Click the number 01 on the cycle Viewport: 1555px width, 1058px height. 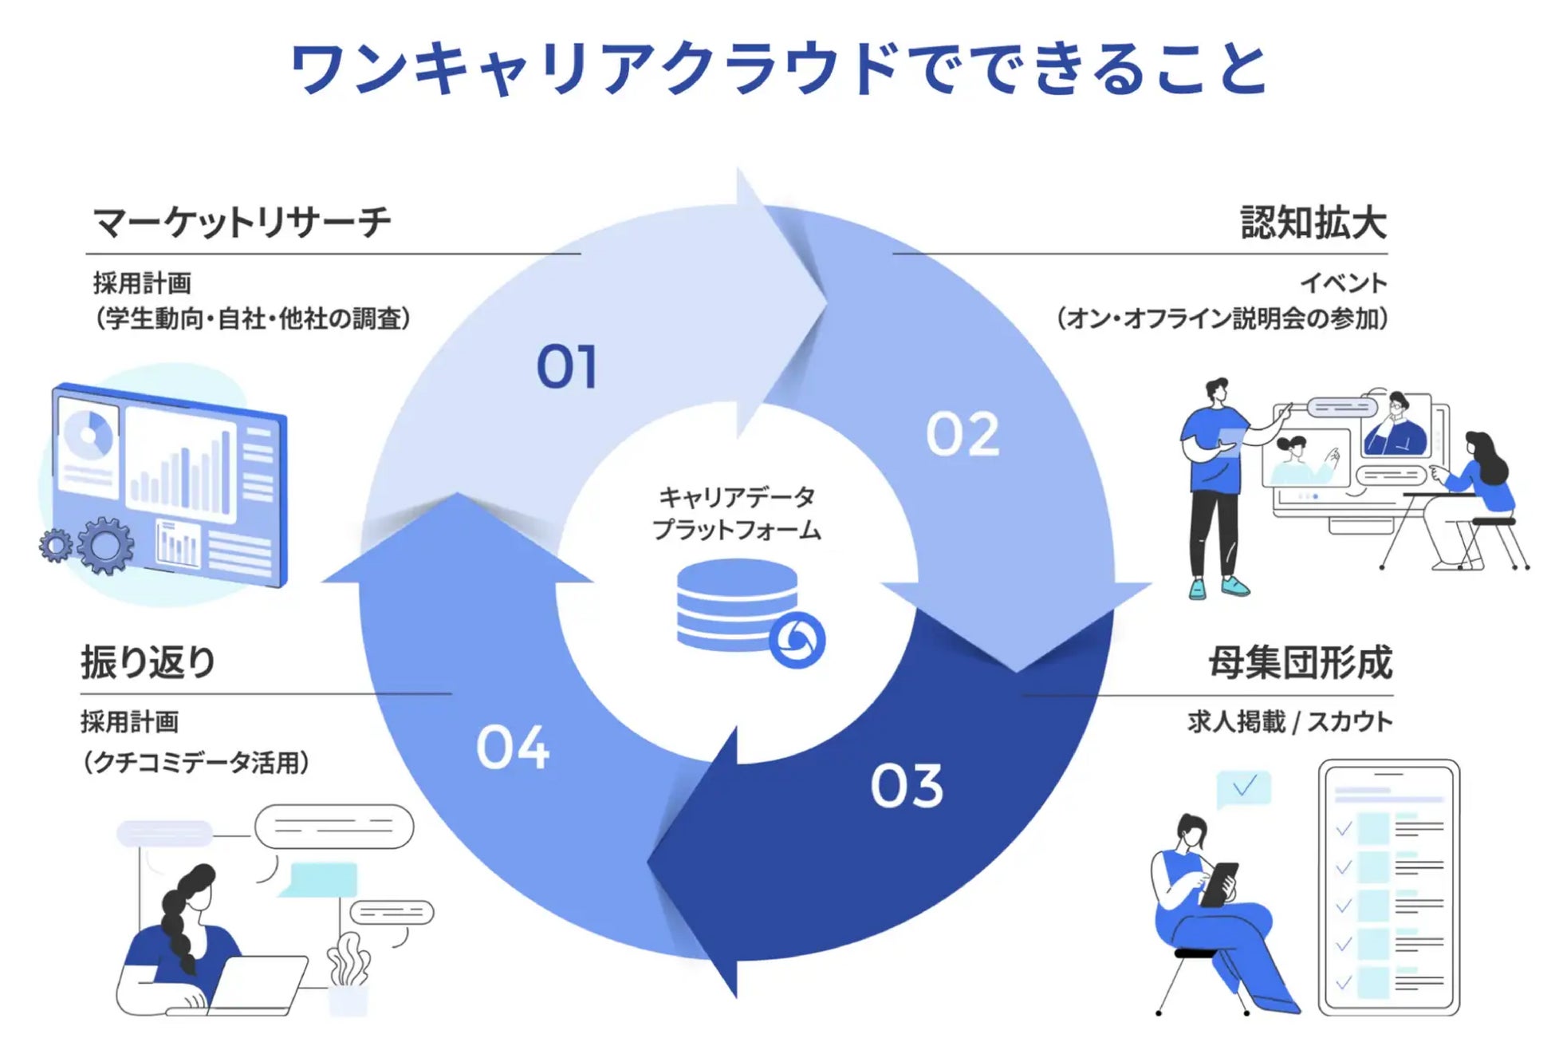pos(566,367)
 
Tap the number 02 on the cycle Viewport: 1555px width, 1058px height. pos(963,435)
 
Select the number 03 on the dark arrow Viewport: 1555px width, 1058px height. pos(907,786)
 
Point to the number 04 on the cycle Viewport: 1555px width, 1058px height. pos(513,748)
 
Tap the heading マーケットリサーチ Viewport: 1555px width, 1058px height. pos(242,222)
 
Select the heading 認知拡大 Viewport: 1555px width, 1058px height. pos(1313,222)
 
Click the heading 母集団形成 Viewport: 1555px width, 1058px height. pos(1300,662)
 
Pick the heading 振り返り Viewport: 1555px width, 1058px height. pos(148,662)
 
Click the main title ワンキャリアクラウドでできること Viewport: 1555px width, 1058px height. pos(778,69)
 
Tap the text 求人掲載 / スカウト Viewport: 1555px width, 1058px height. pos(1289,722)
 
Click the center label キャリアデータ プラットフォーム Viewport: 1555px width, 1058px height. pos(736,513)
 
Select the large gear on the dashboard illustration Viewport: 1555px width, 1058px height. pos(105,545)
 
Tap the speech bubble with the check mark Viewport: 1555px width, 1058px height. pos(1243,788)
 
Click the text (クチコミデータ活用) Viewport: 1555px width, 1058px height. pos(195,763)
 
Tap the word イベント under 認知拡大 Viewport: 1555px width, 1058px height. pos(1344,283)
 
